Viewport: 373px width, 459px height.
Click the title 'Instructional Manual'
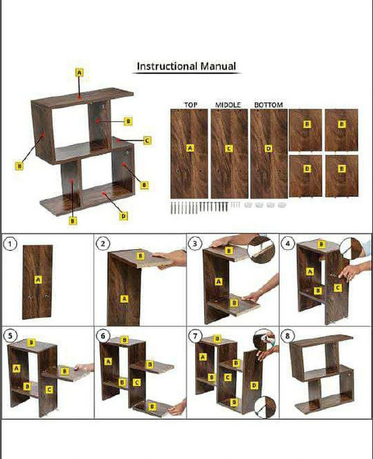coord(186,66)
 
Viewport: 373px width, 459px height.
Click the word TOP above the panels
coord(190,105)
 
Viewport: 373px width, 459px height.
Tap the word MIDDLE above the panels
coord(228,105)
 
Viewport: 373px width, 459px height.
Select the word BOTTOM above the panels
coord(268,105)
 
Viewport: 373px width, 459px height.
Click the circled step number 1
coord(10,244)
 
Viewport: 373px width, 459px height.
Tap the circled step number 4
coord(288,244)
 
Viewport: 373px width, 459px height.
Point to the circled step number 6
coord(103,336)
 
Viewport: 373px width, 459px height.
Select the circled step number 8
coord(288,336)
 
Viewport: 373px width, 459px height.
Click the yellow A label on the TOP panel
coord(190,148)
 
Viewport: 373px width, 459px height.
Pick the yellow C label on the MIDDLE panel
coord(229,148)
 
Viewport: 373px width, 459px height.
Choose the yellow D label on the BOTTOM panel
coord(268,148)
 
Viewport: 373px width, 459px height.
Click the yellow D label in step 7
coord(254,385)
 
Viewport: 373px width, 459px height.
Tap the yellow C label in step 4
coord(337,288)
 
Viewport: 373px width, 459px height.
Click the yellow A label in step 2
coord(124,299)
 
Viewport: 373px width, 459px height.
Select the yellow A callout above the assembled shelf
coord(79,72)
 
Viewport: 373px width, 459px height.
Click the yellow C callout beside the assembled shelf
coord(148,141)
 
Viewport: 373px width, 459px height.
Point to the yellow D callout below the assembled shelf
coord(124,216)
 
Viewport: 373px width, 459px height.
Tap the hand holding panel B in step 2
coord(170,259)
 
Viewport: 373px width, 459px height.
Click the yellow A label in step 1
coord(38,280)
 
